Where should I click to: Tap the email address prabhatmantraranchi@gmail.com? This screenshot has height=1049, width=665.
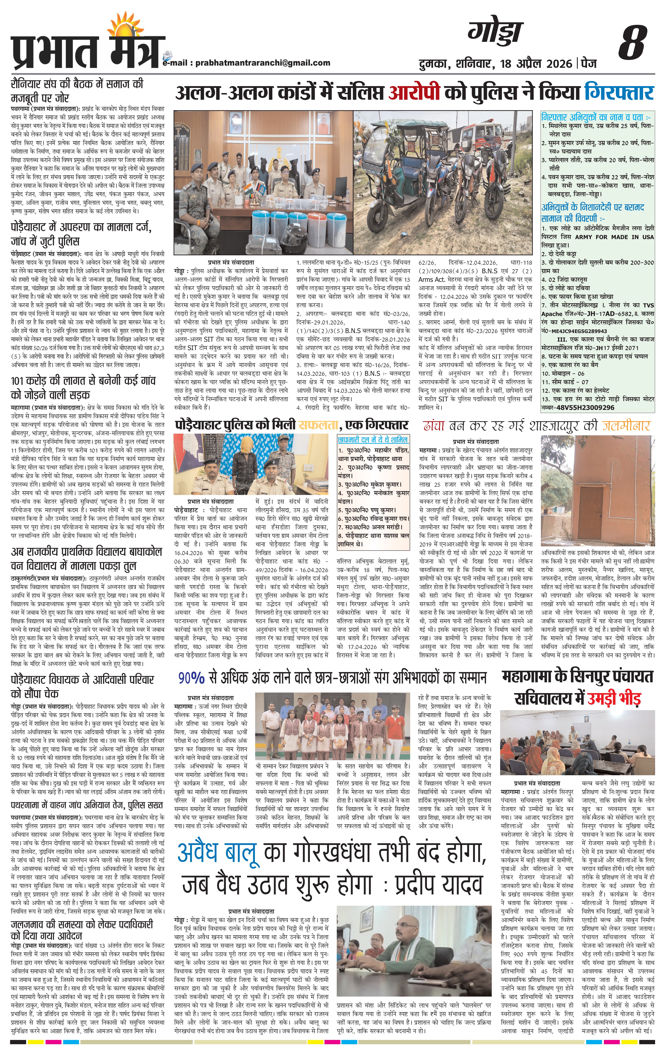[x=263, y=63]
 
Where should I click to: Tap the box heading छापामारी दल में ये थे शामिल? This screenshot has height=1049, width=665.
[x=373, y=440]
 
